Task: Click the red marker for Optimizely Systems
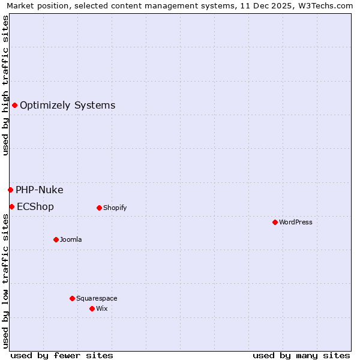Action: click(14, 106)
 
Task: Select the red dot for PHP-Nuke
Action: click(10, 190)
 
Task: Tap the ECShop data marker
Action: click(11, 207)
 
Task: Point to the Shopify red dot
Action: click(99, 208)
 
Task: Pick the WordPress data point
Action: click(275, 223)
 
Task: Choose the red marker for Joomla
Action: click(56, 240)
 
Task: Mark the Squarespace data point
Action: click(72, 299)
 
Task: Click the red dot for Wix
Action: click(92, 309)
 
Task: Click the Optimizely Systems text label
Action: click(67, 106)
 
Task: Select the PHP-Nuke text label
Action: click(39, 190)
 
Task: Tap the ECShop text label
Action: click(35, 207)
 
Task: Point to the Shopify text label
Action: click(115, 208)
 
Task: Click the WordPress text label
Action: click(295, 223)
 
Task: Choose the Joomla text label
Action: click(71, 240)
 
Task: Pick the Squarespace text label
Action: click(97, 299)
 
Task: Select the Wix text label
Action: click(101, 309)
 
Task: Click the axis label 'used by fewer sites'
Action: click(62, 355)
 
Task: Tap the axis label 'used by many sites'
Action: click(301, 355)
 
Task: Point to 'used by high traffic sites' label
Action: click(5, 85)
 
